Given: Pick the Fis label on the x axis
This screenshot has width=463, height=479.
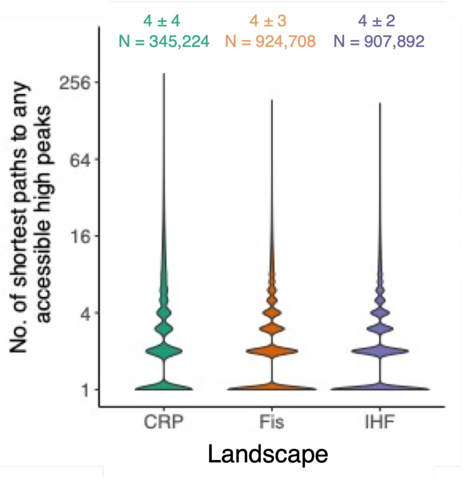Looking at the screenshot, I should point(272,422).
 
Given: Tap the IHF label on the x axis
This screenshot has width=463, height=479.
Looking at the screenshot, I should point(380,422).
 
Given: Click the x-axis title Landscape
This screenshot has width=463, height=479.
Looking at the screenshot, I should point(268,455).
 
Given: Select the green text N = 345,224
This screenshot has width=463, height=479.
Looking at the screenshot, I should point(163,41).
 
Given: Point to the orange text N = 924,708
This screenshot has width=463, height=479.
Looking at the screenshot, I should point(271,41).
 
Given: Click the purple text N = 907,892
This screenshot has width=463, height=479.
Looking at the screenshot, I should point(379,41).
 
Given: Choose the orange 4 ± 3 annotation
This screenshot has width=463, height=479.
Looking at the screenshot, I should point(271,21).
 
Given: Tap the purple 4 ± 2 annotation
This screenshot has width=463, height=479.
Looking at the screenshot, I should point(379,21).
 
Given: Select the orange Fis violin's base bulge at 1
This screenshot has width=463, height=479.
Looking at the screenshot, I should point(272,388).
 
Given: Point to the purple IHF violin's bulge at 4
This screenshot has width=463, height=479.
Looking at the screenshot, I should point(380,314).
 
